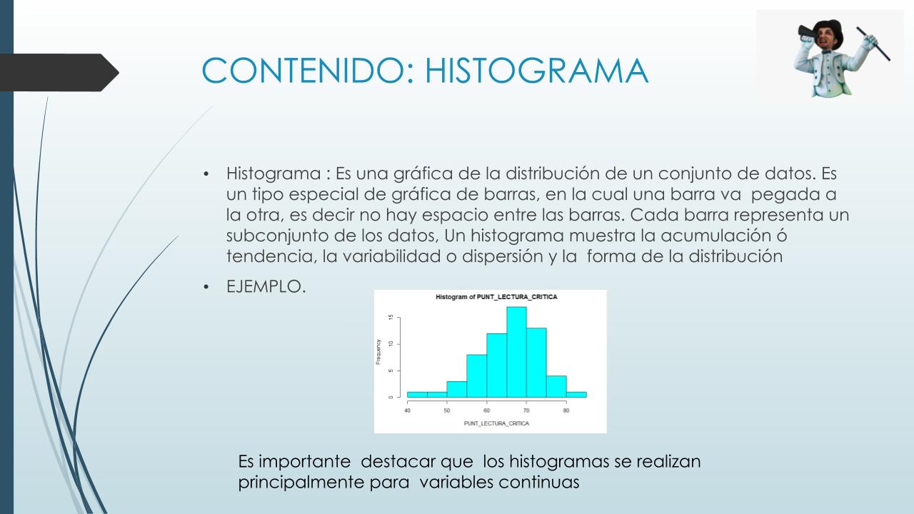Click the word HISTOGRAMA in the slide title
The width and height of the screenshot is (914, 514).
tap(536, 71)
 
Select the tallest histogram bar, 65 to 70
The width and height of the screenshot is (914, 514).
tap(516, 352)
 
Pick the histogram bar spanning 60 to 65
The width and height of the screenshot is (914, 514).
tap(496, 366)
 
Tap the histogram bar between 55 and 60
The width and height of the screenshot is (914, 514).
tap(476, 376)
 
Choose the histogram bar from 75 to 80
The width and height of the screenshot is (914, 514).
tap(556, 386)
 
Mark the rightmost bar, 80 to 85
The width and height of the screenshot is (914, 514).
tap(576, 395)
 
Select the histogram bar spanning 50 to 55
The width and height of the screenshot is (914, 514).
tap(456, 389)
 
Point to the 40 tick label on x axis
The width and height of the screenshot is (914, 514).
tap(407, 410)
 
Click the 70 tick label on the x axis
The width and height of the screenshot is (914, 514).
tap(526, 410)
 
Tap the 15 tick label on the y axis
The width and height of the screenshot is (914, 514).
tap(391, 318)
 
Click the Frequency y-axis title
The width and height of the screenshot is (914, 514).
tap(378, 352)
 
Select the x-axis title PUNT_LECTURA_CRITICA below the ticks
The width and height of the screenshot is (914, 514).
tap(496, 423)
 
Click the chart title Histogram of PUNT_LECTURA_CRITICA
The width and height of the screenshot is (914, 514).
tap(496, 297)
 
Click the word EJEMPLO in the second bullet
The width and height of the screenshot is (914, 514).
tap(263, 286)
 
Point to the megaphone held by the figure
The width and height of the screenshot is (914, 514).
tap(807, 34)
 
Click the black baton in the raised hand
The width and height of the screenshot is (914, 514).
tap(873, 44)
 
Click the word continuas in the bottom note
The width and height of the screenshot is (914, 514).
tap(539, 482)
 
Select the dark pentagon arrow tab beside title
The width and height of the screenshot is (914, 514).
tap(59, 73)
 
